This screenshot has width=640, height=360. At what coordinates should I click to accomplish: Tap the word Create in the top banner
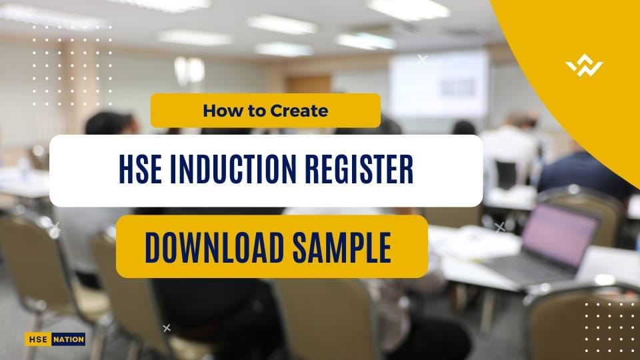click(x=299, y=111)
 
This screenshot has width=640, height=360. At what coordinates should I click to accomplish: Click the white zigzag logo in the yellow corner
click(x=584, y=67)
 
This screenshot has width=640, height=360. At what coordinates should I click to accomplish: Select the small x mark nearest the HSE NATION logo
click(x=167, y=327)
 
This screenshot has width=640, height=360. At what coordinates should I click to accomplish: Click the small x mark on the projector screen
click(x=422, y=59)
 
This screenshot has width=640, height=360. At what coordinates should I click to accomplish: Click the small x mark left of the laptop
click(x=500, y=227)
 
